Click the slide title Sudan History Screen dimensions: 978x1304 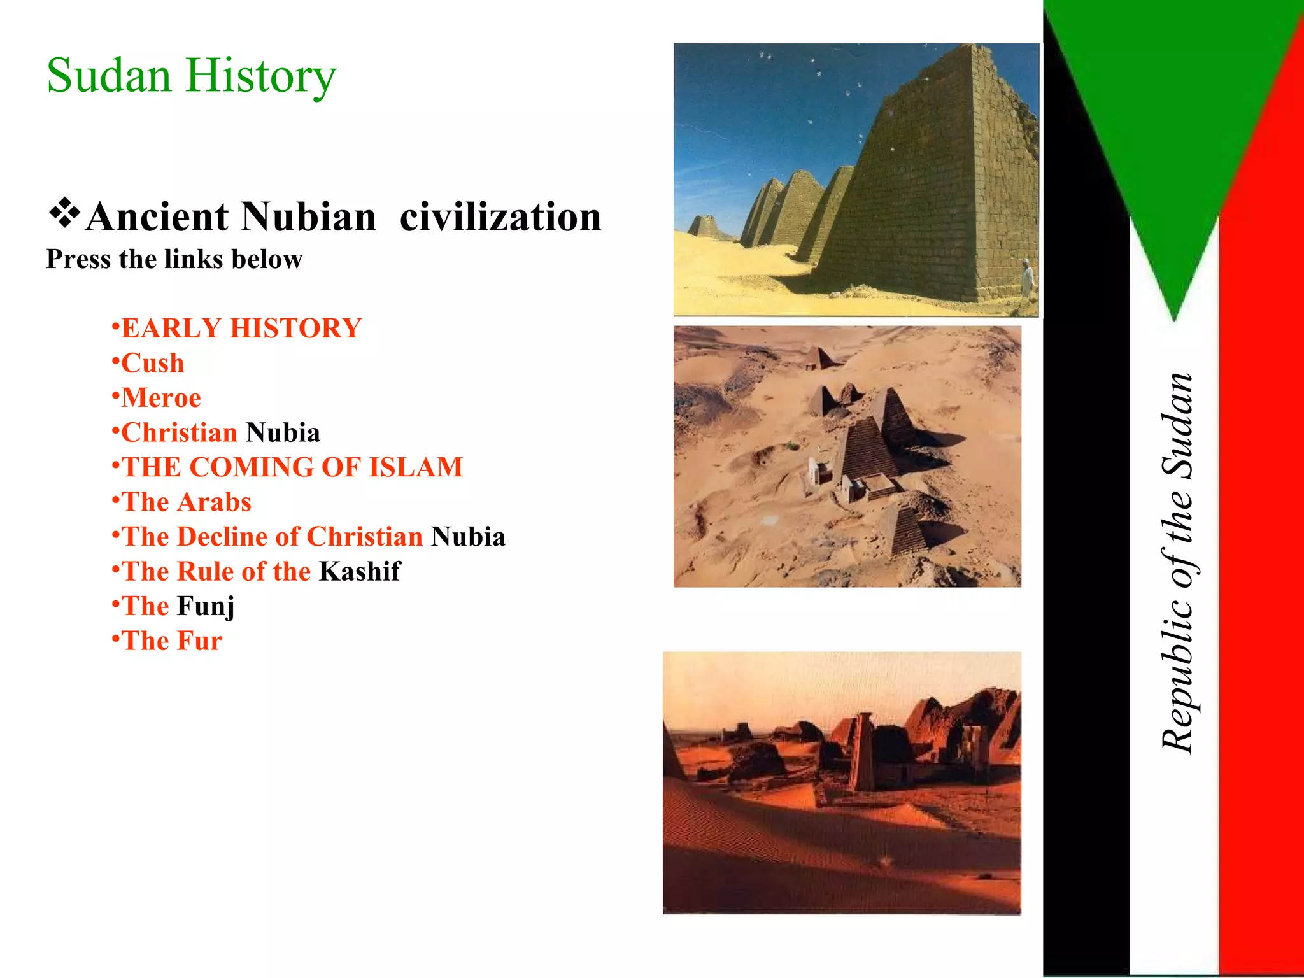pos(191,76)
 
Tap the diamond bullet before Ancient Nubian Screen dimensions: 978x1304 pos(64,215)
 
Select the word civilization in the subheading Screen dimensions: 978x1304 pos(500,217)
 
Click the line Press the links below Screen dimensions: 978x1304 pos(174,260)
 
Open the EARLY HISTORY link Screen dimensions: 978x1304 pos(241,329)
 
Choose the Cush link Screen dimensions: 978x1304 pos(153,364)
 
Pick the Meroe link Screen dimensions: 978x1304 pos(161,398)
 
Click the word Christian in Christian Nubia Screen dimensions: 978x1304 pos(180,433)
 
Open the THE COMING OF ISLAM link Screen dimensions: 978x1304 pos(292,467)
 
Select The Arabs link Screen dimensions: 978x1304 pos(187,502)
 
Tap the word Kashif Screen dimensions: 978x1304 pos(360,572)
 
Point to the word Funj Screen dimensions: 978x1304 pos(206,606)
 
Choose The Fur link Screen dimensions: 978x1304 pos(172,641)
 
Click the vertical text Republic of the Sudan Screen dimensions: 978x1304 pos(1177,563)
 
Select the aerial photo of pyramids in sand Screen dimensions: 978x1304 pos(847,456)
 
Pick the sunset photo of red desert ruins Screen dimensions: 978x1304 pos(842,783)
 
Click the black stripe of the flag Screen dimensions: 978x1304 pos(1086,573)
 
